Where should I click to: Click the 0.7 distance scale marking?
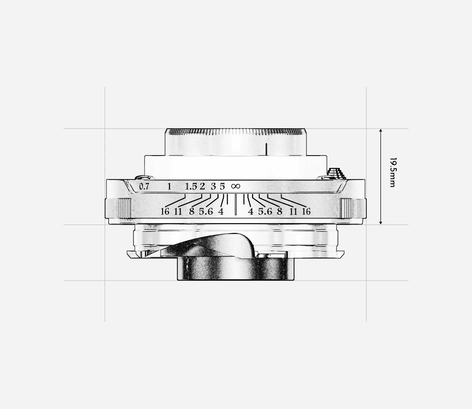(x=144, y=187)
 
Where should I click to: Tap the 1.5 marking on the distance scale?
(x=191, y=187)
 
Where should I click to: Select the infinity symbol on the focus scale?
(x=236, y=186)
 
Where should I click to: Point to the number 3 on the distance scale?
(x=213, y=187)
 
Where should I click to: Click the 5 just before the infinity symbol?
(x=222, y=187)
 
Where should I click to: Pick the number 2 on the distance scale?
(x=202, y=187)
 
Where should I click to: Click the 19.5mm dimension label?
(x=393, y=172)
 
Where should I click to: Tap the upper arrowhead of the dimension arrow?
(x=380, y=130)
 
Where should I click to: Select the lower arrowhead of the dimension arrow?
(x=380, y=223)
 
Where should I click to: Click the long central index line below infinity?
(x=235, y=204)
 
